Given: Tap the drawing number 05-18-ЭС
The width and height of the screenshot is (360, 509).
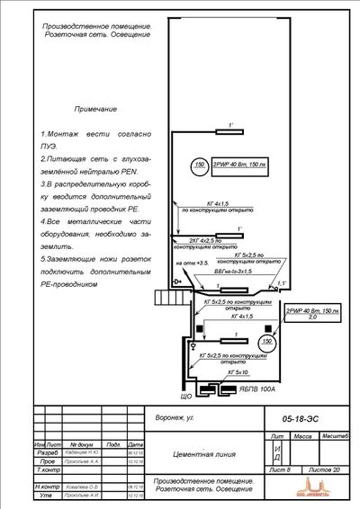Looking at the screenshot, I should (x=293, y=418).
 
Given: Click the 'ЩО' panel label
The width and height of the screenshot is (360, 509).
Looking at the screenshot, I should (x=187, y=394).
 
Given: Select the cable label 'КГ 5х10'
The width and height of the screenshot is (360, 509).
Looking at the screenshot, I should (x=238, y=371).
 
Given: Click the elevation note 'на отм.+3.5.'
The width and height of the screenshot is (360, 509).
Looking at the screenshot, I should (x=191, y=263).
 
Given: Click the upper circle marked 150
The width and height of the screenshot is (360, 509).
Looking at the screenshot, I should (x=199, y=165).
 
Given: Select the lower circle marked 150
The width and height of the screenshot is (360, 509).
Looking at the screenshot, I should (x=266, y=343).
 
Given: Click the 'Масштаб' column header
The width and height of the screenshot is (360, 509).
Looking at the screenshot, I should (x=337, y=435).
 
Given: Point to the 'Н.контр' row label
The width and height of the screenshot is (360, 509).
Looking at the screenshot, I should (x=46, y=487).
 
